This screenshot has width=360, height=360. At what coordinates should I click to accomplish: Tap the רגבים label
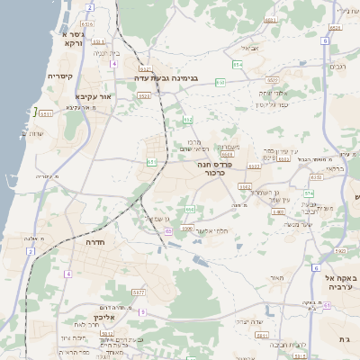[340, 67]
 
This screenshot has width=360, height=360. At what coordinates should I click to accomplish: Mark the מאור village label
[276, 278]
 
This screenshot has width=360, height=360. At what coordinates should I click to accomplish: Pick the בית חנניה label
[105, 53]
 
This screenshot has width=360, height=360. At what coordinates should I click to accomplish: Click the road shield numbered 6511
[46, 114]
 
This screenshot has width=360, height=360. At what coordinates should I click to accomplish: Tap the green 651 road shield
[152, 162]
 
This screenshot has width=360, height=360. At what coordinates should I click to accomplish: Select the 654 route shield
[238, 65]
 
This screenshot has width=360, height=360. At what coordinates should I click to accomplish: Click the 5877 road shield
[139, 292]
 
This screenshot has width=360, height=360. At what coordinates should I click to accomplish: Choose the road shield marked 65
[168, 231]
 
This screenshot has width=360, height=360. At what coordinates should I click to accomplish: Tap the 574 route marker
[309, 192]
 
